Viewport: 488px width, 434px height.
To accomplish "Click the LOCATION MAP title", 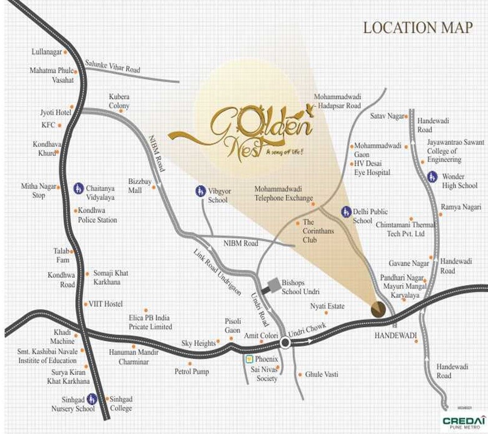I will [418, 27].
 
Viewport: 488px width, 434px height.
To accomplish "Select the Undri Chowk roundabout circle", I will [285, 342].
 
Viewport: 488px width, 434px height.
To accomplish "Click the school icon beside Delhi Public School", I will [345, 211].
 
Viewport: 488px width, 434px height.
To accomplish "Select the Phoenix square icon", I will [248, 359].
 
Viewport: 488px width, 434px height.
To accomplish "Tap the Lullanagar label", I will [47, 52].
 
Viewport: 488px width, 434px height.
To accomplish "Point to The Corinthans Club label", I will [316, 231].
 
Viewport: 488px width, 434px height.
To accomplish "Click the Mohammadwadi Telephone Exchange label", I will [284, 194].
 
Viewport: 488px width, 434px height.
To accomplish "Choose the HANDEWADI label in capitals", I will [396, 335].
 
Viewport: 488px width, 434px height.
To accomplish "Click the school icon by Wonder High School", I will [432, 176].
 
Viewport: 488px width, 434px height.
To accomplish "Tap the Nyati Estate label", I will [327, 306].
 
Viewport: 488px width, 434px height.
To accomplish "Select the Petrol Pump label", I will [191, 372].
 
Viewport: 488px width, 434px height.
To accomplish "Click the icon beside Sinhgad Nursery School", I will [92, 398].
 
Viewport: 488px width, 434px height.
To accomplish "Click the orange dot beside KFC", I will [60, 125].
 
